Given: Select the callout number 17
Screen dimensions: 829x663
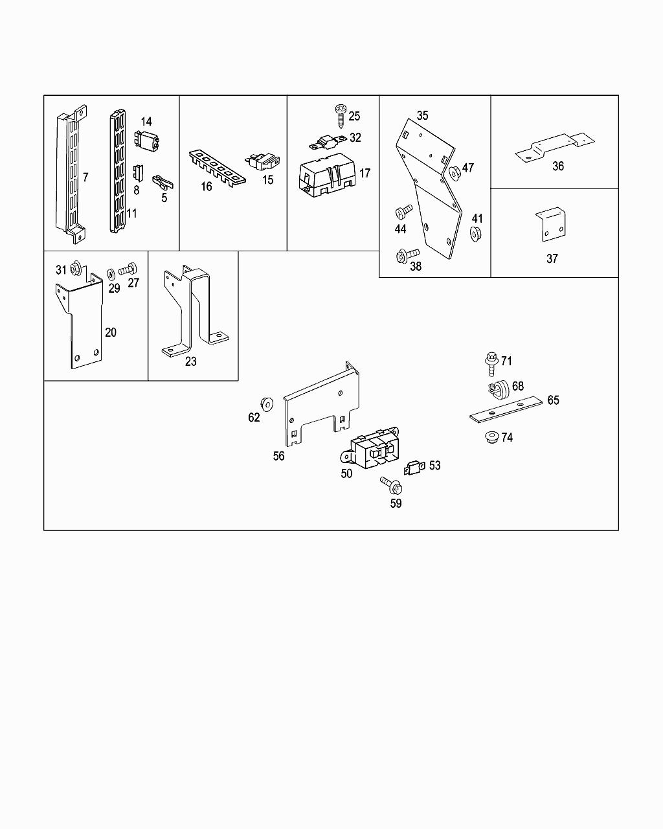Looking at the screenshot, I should click(365, 173).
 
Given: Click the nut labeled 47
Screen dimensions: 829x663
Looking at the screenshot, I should click(455, 171).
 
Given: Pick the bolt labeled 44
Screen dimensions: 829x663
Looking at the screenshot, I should click(401, 212).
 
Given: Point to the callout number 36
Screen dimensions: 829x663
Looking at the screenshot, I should click(558, 166).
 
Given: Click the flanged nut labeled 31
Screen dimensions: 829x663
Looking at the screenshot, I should click(75, 266).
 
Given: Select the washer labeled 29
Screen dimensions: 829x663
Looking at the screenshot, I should click(111, 269).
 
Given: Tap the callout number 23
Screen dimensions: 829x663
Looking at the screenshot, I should click(190, 361).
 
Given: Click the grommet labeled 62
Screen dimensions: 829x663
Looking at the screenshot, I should click(265, 403).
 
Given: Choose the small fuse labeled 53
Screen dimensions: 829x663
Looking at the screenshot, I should click(414, 467).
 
